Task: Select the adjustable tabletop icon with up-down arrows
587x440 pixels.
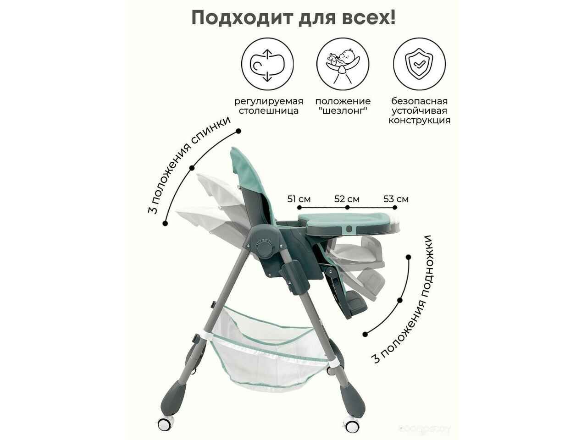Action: [267, 64]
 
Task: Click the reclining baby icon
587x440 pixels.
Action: [343, 64]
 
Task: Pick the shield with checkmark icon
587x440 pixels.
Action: [419, 64]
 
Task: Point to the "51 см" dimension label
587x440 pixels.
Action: [299, 199]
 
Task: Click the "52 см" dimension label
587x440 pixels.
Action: [347, 199]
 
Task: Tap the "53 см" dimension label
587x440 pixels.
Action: [396, 199]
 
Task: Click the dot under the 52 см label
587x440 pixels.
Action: [348, 207]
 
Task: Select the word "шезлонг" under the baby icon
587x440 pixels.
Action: [343, 110]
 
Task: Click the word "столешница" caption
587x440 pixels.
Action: [268, 111]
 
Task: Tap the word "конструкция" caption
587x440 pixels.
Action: [419, 120]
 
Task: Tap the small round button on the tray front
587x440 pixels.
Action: [349, 229]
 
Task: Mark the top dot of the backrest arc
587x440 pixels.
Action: [238, 131]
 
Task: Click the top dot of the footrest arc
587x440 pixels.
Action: [408, 257]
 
